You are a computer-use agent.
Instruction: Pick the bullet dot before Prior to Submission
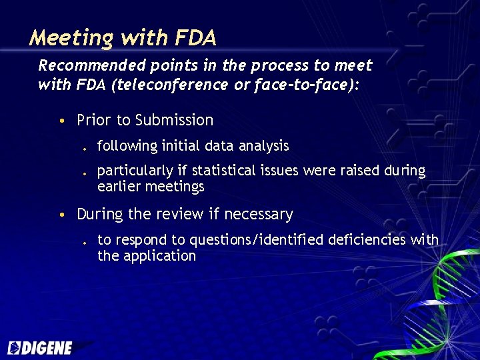61,121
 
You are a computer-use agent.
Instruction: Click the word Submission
174,121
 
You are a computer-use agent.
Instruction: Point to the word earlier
121,187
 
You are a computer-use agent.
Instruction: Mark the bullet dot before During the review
61,215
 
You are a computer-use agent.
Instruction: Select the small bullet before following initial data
85,147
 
